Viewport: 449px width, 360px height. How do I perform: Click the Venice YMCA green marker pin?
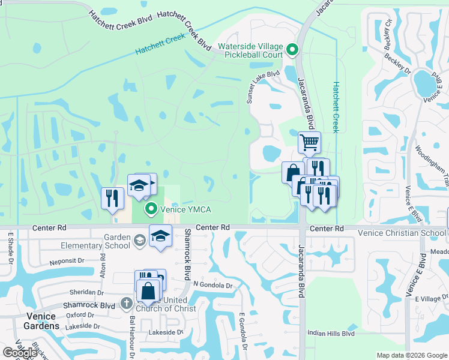pyautogui.click(x=152, y=209)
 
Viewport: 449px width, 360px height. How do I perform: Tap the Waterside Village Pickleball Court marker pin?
pyautogui.click(x=292, y=50)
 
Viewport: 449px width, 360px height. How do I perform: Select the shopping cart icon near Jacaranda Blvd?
pyautogui.click(x=309, y=142)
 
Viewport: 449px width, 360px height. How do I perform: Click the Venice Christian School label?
pyautogui.click(x=402, y=233)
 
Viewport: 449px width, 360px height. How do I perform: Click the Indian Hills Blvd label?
pyautogui.click(x=331, y=334)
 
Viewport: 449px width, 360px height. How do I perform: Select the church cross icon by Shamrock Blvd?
pyautogui.click(x=127, y=304)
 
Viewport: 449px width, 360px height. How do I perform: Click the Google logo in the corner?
pyautogui.click(x=20, y=353)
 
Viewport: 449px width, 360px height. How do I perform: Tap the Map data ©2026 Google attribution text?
pyautogui.click(x=412, y=355)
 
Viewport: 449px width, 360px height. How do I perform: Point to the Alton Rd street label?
pyautogui.click(x=103, y=265)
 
